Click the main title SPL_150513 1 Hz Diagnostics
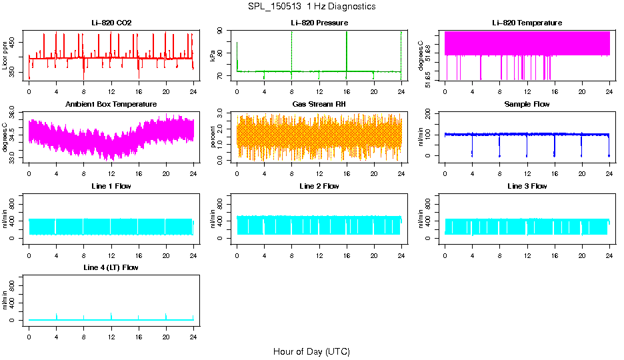(x=311, y=7)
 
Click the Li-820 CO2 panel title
(x=111, y=23)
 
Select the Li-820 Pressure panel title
(x=319, y=23)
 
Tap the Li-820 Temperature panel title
(x=527, y=23)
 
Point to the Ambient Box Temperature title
(x=111, y=105)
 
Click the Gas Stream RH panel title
(x=319, y=105)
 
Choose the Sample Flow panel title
(x=527, y=105)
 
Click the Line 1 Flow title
(x=111, y=186)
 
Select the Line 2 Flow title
(x=319, y=186)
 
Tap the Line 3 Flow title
(x=527, y=186)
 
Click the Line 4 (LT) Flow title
(x=111, y=267)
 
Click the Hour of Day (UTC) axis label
(x=311, y=351)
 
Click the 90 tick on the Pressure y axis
(x=223, y=31)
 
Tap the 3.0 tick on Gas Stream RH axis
(x=223, y=115)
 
